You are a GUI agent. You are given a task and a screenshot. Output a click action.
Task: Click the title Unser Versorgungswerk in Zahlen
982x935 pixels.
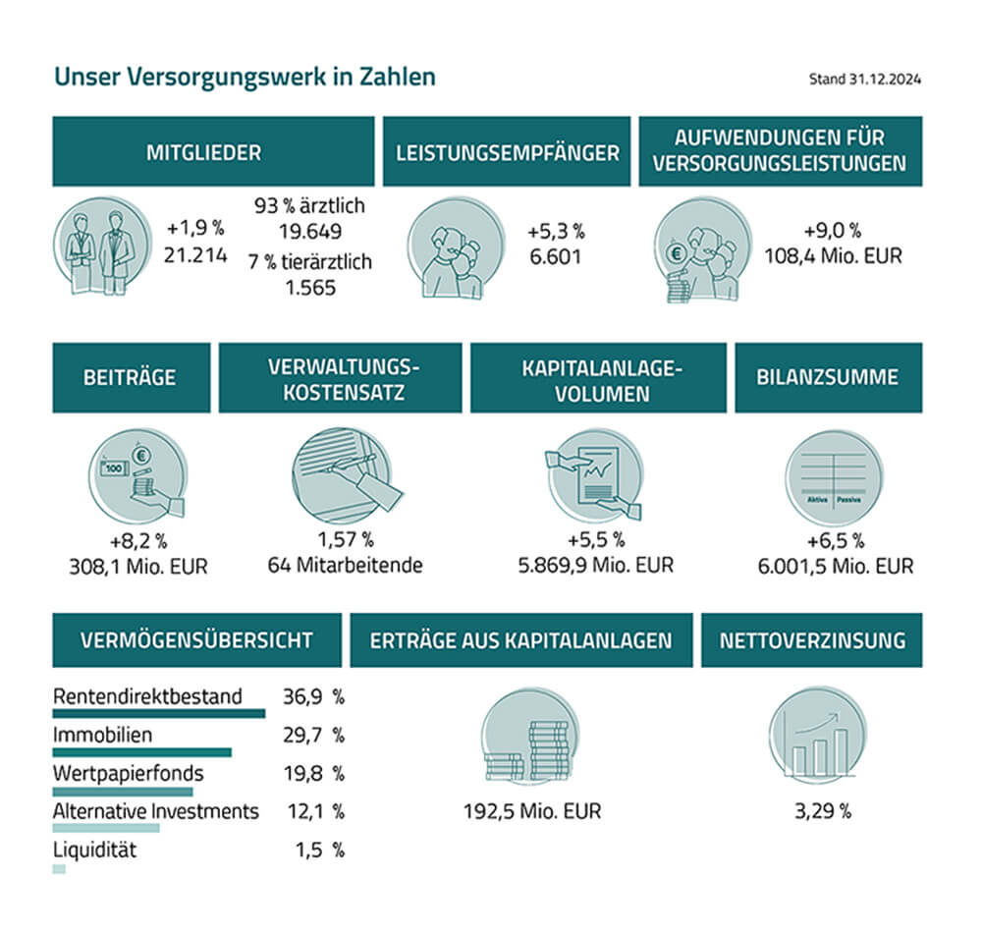tap(245, 77)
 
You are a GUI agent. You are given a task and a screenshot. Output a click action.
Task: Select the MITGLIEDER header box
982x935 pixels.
tap(213, 151)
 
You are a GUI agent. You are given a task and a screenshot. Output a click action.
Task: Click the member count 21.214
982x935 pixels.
tap(195, 254)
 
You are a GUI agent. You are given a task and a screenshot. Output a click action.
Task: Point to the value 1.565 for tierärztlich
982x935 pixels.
tap(309, 287)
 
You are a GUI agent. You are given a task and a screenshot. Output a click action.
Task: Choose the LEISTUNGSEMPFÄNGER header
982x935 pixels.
tap(507, 151)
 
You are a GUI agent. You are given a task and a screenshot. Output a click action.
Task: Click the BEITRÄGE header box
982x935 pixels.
tap(131, 377)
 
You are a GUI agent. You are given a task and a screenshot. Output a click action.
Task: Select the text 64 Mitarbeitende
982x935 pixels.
tap(345, 566)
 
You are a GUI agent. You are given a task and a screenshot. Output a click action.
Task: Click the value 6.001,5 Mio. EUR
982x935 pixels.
tap(834, 566)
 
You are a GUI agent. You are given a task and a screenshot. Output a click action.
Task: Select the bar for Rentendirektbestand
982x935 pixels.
tap(158, 713)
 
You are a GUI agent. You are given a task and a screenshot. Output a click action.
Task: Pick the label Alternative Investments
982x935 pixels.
tap(155, 810)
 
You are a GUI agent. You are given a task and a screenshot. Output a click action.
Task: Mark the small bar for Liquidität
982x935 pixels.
tap(59, 868)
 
